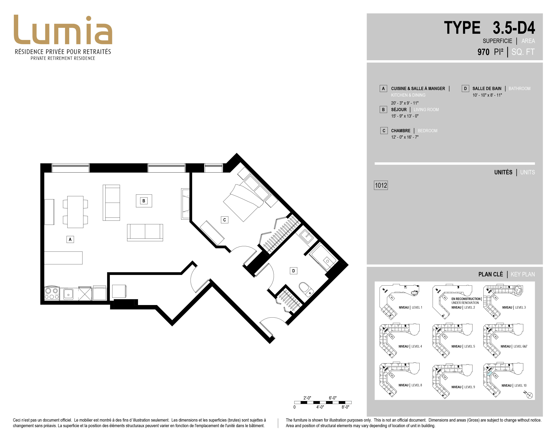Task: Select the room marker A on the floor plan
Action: click(x=70, y=239)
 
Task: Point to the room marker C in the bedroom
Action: click(x=225, y=220)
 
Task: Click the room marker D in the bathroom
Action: click(x=294, y=271)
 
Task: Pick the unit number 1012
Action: click(x=381, y=185)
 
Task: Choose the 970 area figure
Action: click(x=483, y=52)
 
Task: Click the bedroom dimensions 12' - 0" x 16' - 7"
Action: click(x=405, y=137)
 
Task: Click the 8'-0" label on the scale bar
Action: click(x=345, y=407)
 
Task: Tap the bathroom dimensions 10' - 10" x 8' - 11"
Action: click(x=487, y=95)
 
